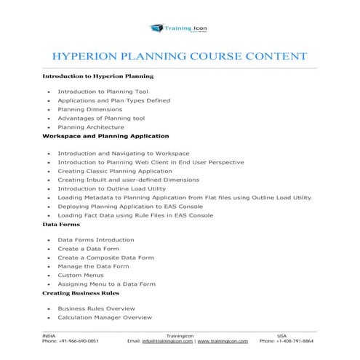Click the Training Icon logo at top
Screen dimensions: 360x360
(x=180, y=28)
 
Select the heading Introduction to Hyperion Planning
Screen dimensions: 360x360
(x=97, y=76)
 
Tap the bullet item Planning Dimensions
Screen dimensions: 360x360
(x=90, y=109)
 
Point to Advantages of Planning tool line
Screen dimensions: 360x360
(x=101, y=118)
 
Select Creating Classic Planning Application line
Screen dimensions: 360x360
(x=115, y=170)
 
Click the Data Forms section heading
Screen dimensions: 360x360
(x=61, y=225)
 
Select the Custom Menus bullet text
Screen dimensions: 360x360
(x=79, y=275)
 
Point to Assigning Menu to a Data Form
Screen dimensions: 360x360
(x=106, y=284)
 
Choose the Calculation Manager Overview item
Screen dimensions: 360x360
(x=104, y=318)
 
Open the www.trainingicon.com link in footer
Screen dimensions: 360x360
(x=223, y=340)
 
